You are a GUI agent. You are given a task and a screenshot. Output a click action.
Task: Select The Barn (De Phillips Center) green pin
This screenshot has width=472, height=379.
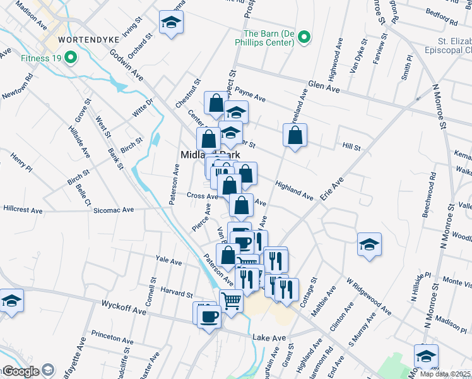304,38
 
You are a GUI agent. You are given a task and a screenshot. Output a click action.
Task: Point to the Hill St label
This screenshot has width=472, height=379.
351,147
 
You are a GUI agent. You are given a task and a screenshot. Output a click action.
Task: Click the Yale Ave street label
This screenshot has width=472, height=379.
168,260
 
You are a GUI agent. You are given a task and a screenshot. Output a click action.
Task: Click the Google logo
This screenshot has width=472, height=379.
20,371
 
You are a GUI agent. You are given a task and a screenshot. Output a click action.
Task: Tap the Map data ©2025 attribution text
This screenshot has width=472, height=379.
445,374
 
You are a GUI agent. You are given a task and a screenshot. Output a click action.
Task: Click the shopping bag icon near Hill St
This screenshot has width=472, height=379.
295,135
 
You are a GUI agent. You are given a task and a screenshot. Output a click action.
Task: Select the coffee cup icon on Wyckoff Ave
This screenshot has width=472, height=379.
209,315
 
